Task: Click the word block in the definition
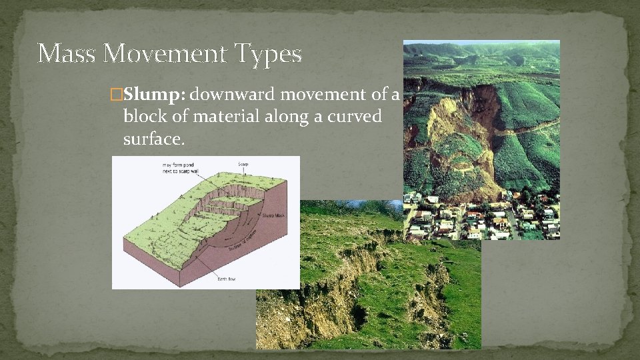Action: [x=141, y=117]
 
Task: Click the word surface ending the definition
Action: [x=153, y=139]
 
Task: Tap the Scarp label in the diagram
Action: [x=243, y=164]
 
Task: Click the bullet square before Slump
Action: [x=117, y=96]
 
